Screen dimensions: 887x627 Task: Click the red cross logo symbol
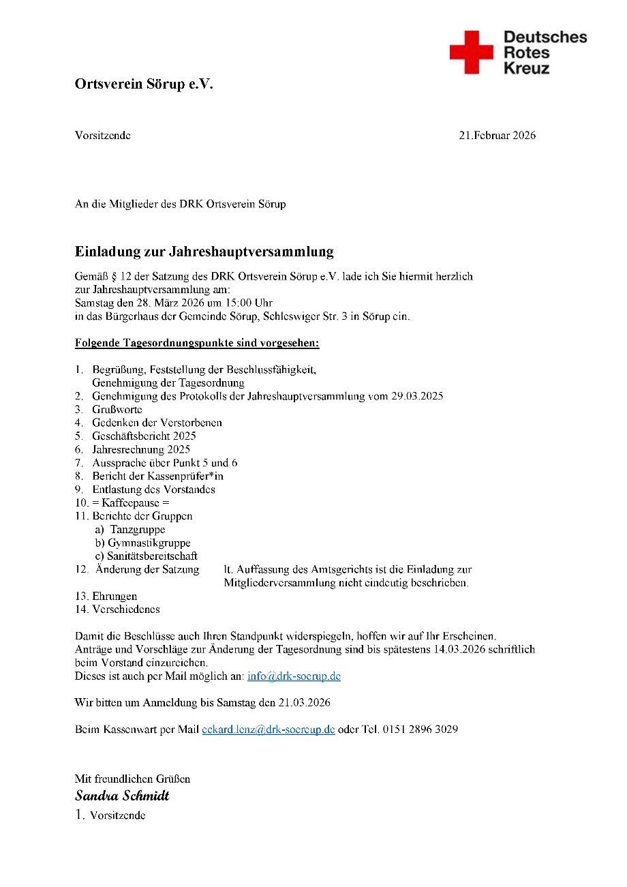tap(471, 52)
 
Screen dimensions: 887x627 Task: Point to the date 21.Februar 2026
tap(497, 135)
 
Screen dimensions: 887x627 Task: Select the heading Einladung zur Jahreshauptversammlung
tap(204, 252)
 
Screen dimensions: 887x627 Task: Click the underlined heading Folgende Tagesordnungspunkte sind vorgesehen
tap(197, 343)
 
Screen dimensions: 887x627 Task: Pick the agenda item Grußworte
tap(117, 410)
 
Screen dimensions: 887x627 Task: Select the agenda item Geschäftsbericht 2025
tap(144, 436)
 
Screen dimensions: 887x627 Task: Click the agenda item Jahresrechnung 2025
tap(141, 449)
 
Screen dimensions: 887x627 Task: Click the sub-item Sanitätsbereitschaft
tap(153, 556)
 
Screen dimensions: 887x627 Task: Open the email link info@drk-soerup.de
tap(294, 676)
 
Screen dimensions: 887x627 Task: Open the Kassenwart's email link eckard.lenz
tap(269, 729)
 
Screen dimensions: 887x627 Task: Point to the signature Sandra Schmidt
tap(122, 796)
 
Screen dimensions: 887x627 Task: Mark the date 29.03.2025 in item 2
tap(417, 396)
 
